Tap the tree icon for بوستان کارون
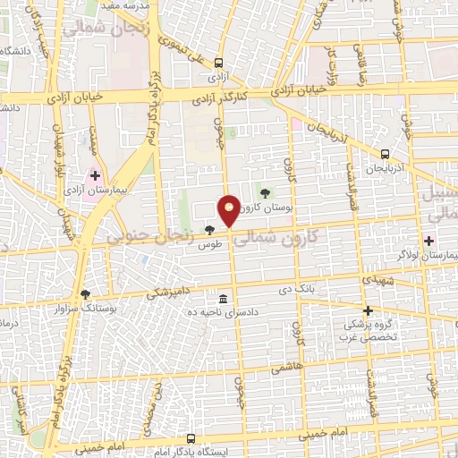coord(264,191)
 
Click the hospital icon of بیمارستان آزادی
coord(96,174)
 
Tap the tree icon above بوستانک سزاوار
coord(85,293)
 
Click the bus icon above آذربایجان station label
coord(385,154)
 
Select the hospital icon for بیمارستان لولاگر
coord(428,242)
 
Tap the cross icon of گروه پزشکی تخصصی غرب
coord(368,310)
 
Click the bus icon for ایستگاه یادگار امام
coord(191,438)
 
